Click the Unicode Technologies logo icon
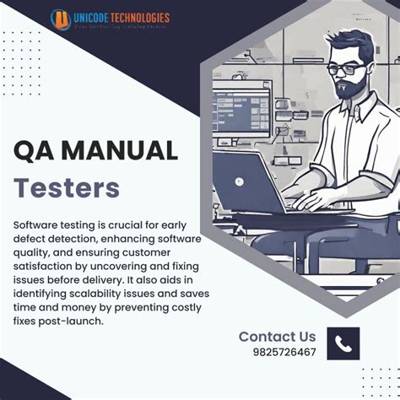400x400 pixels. click(61, 19)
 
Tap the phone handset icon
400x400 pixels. click(343, 343)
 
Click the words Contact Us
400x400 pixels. click(277, 336)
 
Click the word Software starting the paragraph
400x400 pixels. click(37, 225)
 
